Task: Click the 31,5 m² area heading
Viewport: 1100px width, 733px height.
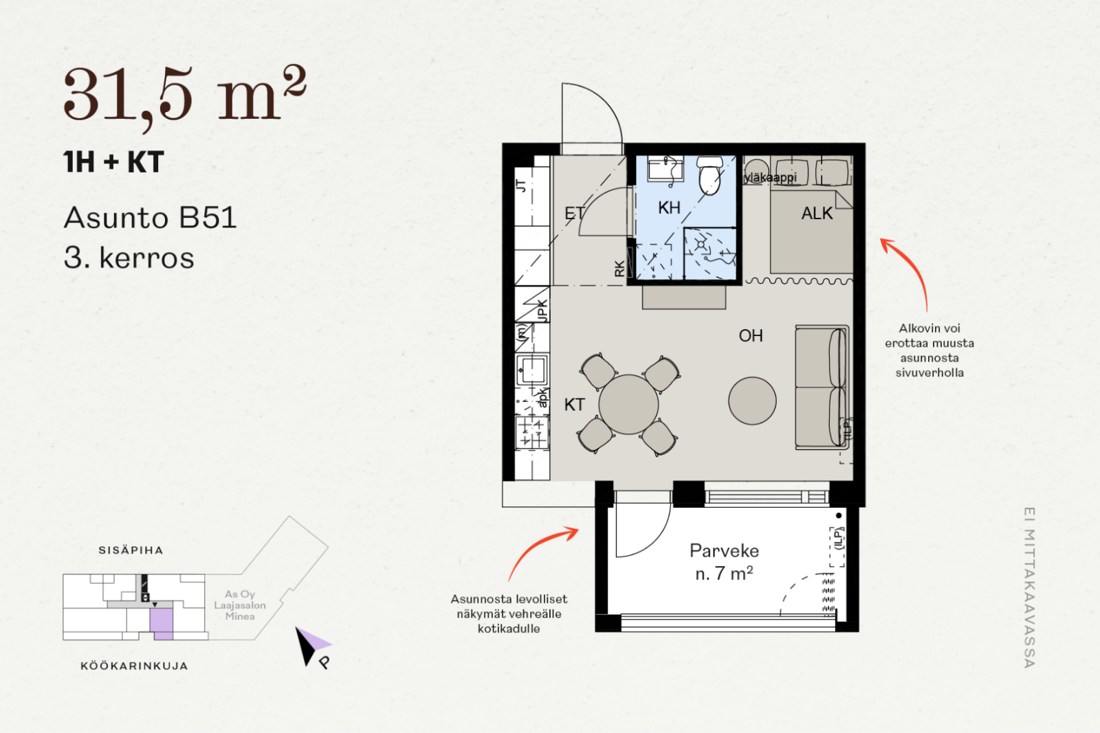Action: [185, 95]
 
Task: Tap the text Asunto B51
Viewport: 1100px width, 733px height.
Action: [151, 217]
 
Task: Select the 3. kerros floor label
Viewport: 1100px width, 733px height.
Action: [129, 258]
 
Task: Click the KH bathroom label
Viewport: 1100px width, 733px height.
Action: [669, 207]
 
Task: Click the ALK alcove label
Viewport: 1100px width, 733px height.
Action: [817, 214]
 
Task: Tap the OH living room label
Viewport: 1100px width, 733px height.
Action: [751, 336]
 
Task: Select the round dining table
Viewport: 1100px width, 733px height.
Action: [628, 405]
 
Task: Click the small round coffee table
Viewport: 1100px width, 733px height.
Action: [752, 401]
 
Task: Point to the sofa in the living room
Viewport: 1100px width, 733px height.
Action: [822, 387]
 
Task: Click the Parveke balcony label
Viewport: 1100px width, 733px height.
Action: [725, 550]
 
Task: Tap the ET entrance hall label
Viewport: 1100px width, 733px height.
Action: [575, 214]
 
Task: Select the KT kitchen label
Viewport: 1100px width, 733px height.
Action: [575, 405]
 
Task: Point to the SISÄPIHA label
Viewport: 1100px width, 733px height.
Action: [131, 550]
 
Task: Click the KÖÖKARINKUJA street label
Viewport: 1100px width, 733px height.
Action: [135, 666]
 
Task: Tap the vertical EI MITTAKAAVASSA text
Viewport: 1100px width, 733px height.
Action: [1030, 587]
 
